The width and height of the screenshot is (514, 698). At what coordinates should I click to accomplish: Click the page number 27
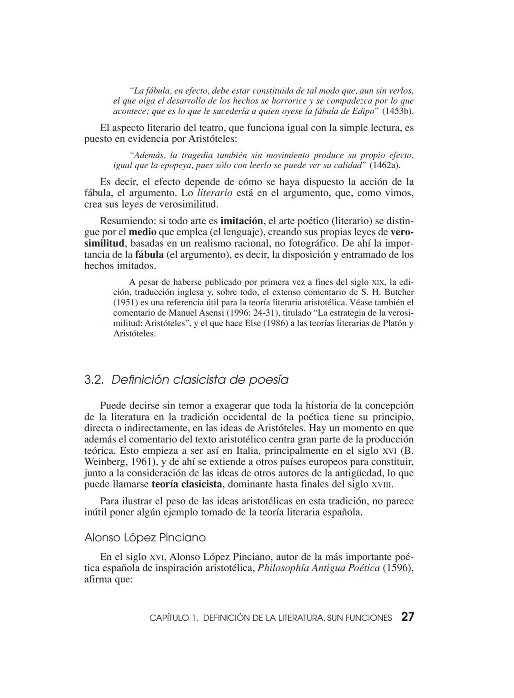click(407, 617)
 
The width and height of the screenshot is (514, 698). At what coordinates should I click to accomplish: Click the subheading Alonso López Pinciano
click(145, 538)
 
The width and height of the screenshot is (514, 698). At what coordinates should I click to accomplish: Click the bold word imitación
click(242, 221)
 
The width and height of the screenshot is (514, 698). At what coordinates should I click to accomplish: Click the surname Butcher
click(399, 292)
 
